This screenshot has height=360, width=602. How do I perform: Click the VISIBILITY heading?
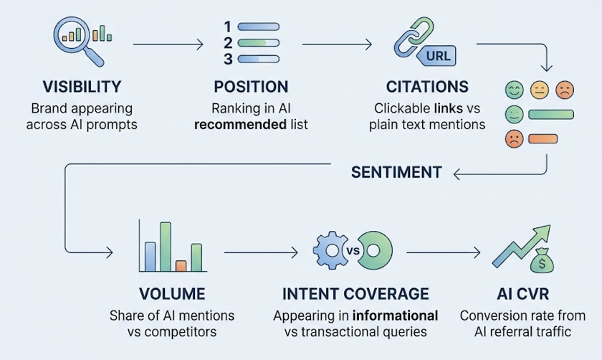[x=82, y=87]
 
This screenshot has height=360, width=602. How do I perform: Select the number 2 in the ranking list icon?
[x=228, y=43]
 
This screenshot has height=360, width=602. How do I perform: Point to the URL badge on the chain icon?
[x=437, y=55]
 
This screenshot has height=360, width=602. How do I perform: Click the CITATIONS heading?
[x=427, y=87]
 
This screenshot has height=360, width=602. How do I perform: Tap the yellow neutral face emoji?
[x=539, y=90]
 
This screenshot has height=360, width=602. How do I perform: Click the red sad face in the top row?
[x=565, y=90]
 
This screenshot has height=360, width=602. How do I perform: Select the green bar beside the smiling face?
[x=551, y=114]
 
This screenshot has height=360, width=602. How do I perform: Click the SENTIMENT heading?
[x=396, y=173]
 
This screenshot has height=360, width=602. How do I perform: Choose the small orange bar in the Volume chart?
[x=181, y=265]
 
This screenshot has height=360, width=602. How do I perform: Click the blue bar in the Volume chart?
[x=150, y=257]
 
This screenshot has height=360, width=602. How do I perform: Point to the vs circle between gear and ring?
[x=352, y=252]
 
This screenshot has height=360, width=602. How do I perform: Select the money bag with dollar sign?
[x=542, y=264]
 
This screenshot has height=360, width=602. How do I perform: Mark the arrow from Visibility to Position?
[x=168, y=45]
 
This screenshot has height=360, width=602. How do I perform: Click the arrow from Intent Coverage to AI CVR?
[x=444, y=252]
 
